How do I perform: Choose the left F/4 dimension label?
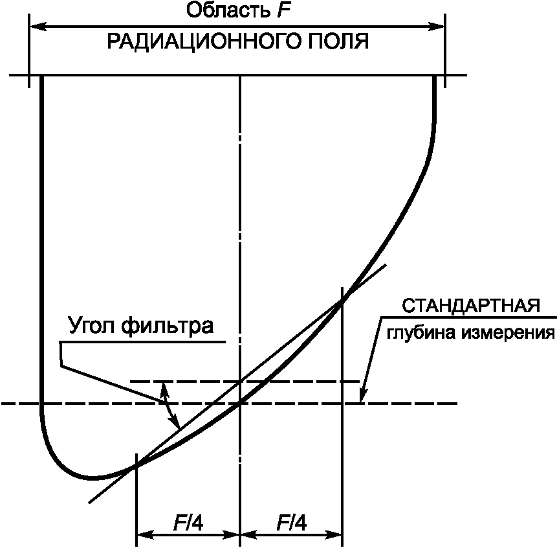(188, 522)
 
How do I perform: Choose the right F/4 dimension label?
(291, 522)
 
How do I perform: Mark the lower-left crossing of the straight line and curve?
(136, 466)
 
